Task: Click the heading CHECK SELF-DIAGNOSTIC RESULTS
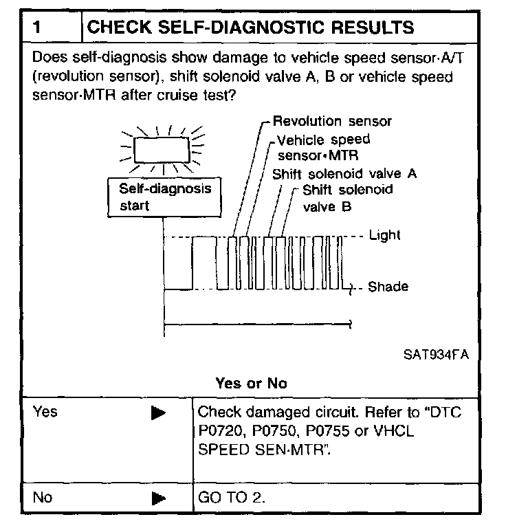tap(252, 27)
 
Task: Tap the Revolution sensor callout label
tap(332, 122)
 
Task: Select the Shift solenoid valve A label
tap(344, 173)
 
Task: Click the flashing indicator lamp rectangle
tap(164, 148)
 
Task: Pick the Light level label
tap(384, 235)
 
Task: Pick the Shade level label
tap(388, 287)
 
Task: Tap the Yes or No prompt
tap(251, 384)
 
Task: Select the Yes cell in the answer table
tap(45, 412)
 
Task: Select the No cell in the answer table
tap(43, 497)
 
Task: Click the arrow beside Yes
tap(158, 413)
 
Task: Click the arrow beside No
tap(158, 498)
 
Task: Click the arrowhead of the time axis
tap(349, 322)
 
